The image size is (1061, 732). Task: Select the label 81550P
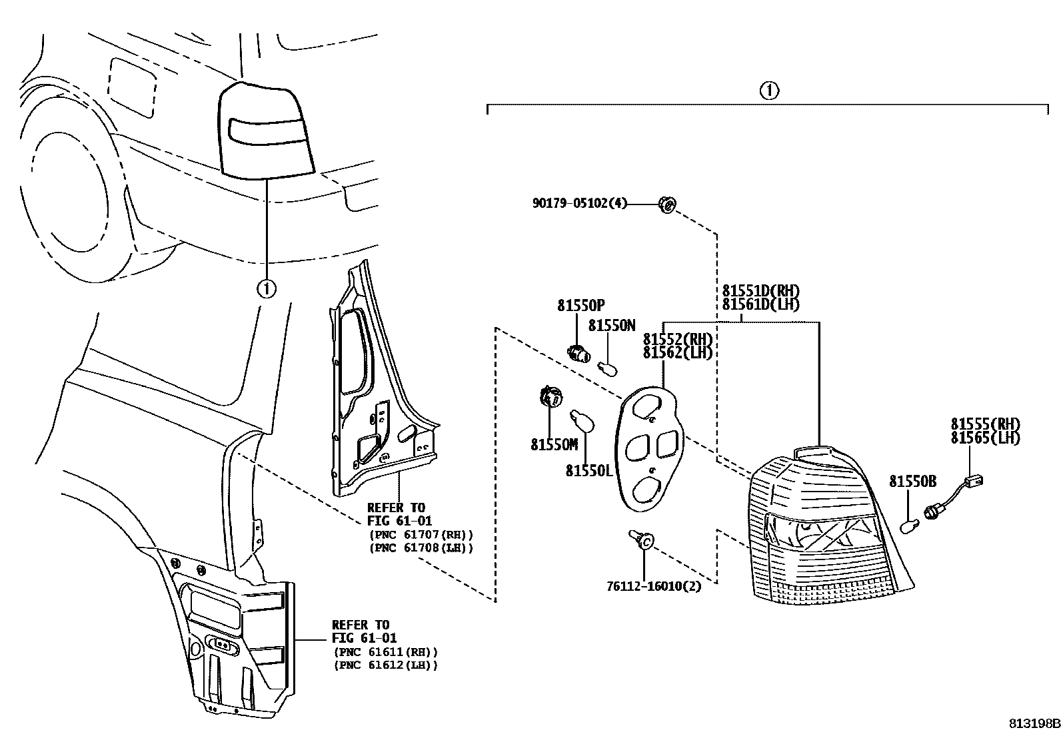pos(580,306)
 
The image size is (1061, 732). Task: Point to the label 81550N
pos(612,326)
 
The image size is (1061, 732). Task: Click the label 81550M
pos(554,445)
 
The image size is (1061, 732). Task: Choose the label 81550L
pos(589,470)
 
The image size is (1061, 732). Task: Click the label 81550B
pos(912,482)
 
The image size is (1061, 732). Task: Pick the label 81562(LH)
pos(677,352)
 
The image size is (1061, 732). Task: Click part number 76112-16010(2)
pos(654,587)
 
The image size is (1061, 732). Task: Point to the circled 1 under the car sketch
pos(266,288)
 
